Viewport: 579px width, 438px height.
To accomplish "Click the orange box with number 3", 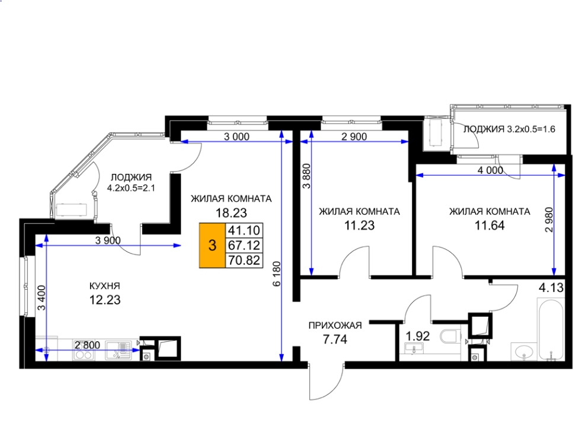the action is click(x=212, y=245).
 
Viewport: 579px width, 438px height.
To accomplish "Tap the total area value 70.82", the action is click(x=244, y=260).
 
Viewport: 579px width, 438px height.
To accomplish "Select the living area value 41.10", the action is click(x=244, y=230).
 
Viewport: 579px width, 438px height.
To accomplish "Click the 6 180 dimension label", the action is click(x=277, y=274).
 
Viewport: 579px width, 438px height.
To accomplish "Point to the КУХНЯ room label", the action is click(x=104, y=286).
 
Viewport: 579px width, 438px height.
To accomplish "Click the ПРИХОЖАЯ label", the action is click(x=335, y=326).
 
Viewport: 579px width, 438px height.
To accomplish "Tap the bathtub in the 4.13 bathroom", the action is click(x=550, y=329).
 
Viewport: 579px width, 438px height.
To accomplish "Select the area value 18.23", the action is click(x=231, y=213).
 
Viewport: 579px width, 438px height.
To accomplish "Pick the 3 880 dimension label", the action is click(x=306, y=176).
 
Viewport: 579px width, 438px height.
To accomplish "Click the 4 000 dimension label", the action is click(x=490, y=170).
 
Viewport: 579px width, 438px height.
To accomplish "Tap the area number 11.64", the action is click(x=490, y=226).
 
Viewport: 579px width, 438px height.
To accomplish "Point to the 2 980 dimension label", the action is click(x=549, y=220).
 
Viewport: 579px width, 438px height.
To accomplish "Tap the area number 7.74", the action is click(x=335, y=339).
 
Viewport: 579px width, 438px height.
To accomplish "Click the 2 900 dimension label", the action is click(x=354, y=137).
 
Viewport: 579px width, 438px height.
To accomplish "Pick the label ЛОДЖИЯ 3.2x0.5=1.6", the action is click(x=509, y=129).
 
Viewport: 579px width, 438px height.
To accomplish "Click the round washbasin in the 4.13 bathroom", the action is click(x=524, y=351).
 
